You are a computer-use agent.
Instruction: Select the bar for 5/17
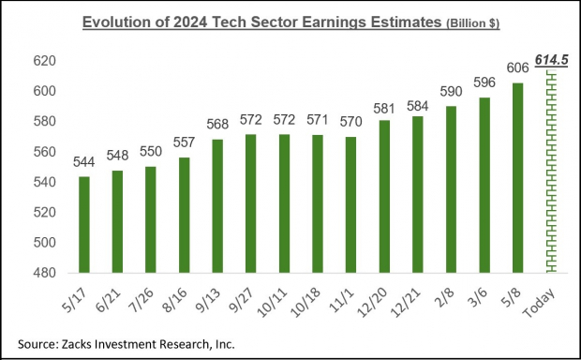(x=83, y=224)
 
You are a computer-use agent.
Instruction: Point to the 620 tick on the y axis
(x=45, y=61)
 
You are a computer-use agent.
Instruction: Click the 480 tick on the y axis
(x=45, y=272)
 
